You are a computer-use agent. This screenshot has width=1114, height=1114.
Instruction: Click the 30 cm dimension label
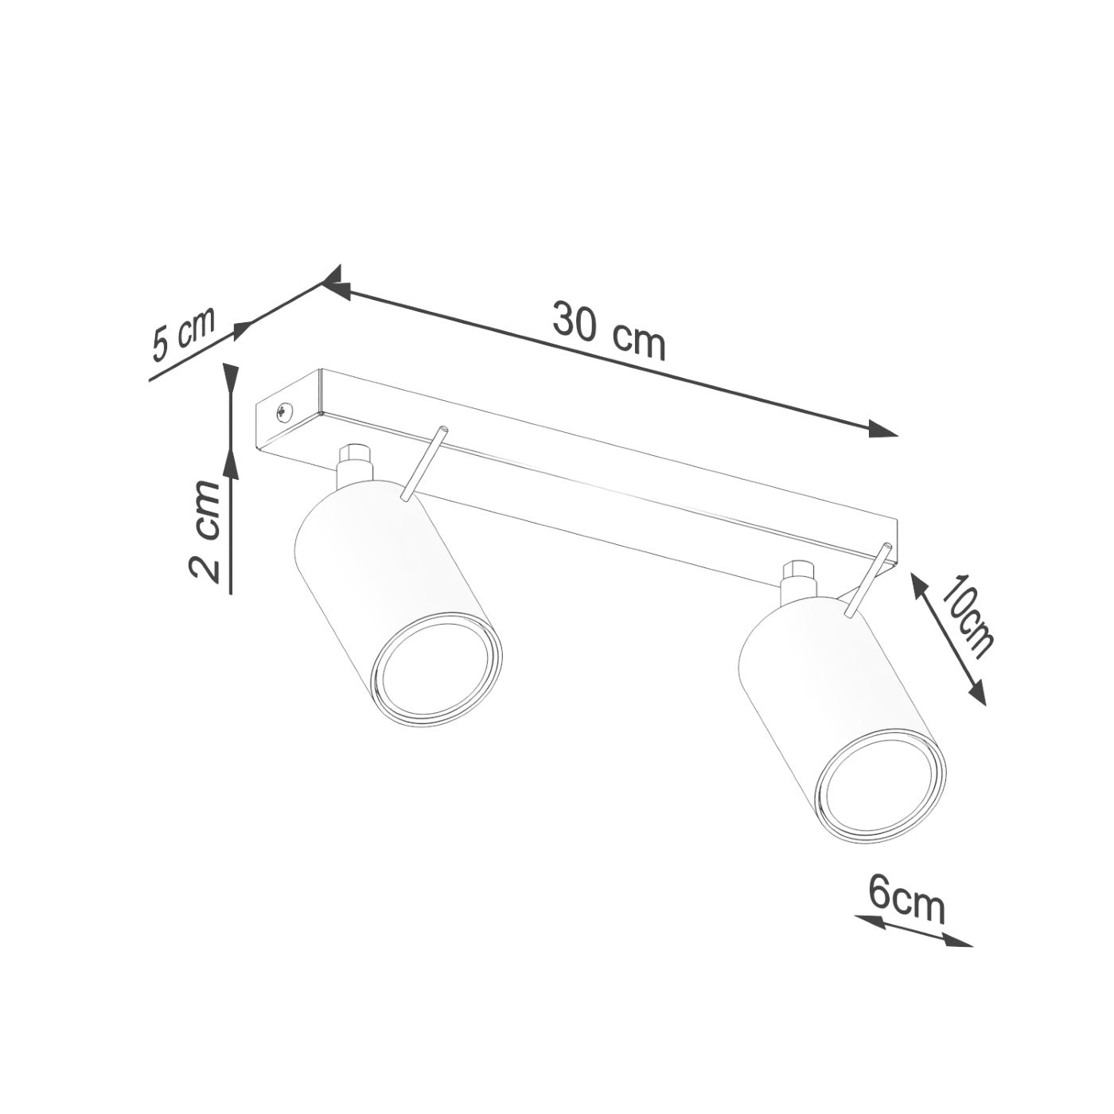(x=609, y=330)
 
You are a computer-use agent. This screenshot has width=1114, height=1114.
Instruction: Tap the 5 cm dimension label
(x=184, y=334)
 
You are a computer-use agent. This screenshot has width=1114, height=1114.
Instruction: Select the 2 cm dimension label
(x=205, y=531)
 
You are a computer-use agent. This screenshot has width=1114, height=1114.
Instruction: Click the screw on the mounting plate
(x=283, y=411)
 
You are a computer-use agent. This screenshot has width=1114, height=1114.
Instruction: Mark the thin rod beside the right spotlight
(x=867, y=581)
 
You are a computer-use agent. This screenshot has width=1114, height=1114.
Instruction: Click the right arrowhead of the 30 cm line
(x=883, y=430)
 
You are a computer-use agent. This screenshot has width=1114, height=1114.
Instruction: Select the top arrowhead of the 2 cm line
(x=231, y=378)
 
